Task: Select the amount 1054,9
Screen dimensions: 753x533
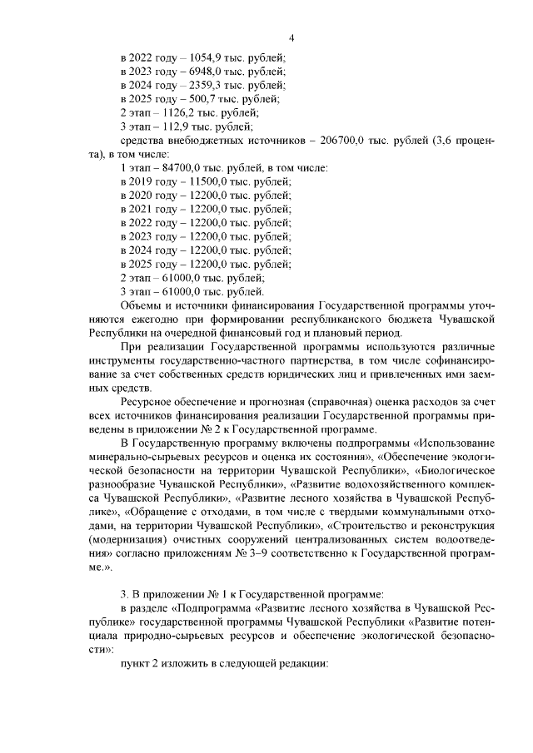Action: coord(208,58)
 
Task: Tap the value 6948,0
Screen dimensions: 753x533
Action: coord(208,72)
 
